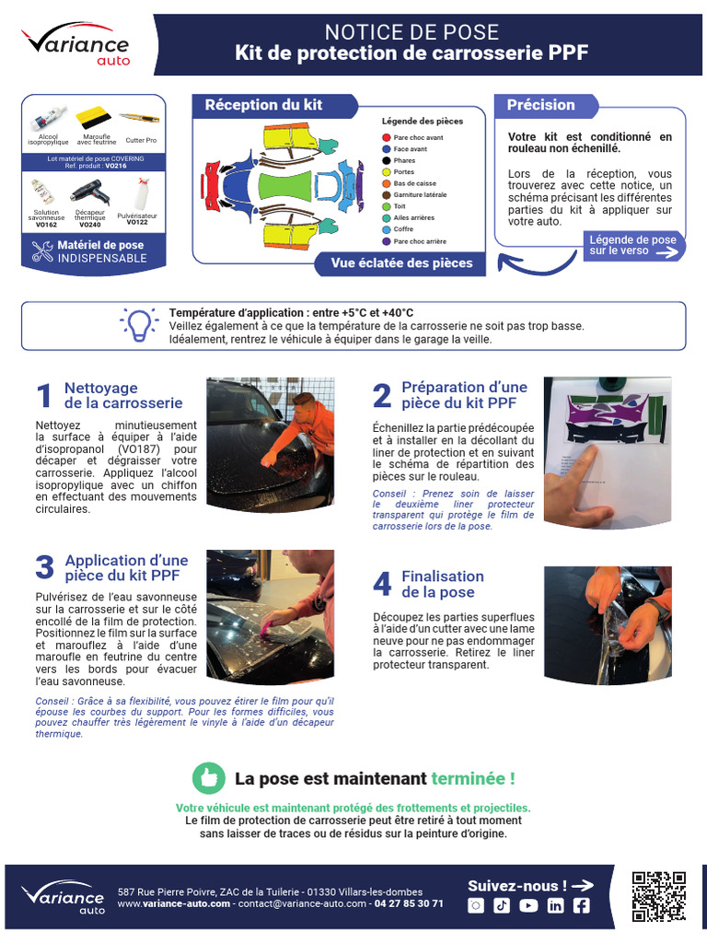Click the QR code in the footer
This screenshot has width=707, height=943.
pyautogui.click(x=659, y=896)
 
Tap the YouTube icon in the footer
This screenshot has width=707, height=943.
pyautogui.click(x=528, y=905)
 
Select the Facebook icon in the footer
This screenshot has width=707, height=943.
pyautogui.click(x=581, y=905)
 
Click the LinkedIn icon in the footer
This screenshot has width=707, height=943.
pyautogui.click(x=555, y=905)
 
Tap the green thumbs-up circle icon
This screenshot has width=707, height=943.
pyautogui.click(x=209, y=778)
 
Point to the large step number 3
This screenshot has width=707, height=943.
pyautogui.click(x=44, y=568)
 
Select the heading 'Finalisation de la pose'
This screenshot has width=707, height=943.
pyautogui.click(x=442, y=584)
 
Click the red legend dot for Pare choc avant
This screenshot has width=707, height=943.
pyautogui.click(x=387, y=137)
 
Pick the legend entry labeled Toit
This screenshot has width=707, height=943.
pyautogui.click(x=400, y=206)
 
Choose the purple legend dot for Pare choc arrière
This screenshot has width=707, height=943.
pyautogui.click(x=387, y=241)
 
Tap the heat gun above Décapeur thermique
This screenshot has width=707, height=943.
pyautogui.click(x=90, y=192)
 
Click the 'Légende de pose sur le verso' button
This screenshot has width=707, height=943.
pyautogui.click(x=633, y=246)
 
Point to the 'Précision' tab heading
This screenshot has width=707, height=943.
pyautogui.click(x=541, y=105)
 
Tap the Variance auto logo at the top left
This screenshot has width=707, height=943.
pyautogui.click(x=76, y=45)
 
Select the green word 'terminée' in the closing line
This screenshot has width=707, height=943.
pyautogui.click(x=473, y=778)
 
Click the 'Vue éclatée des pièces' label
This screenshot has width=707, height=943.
pyautogui.click(x=401, y=263)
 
